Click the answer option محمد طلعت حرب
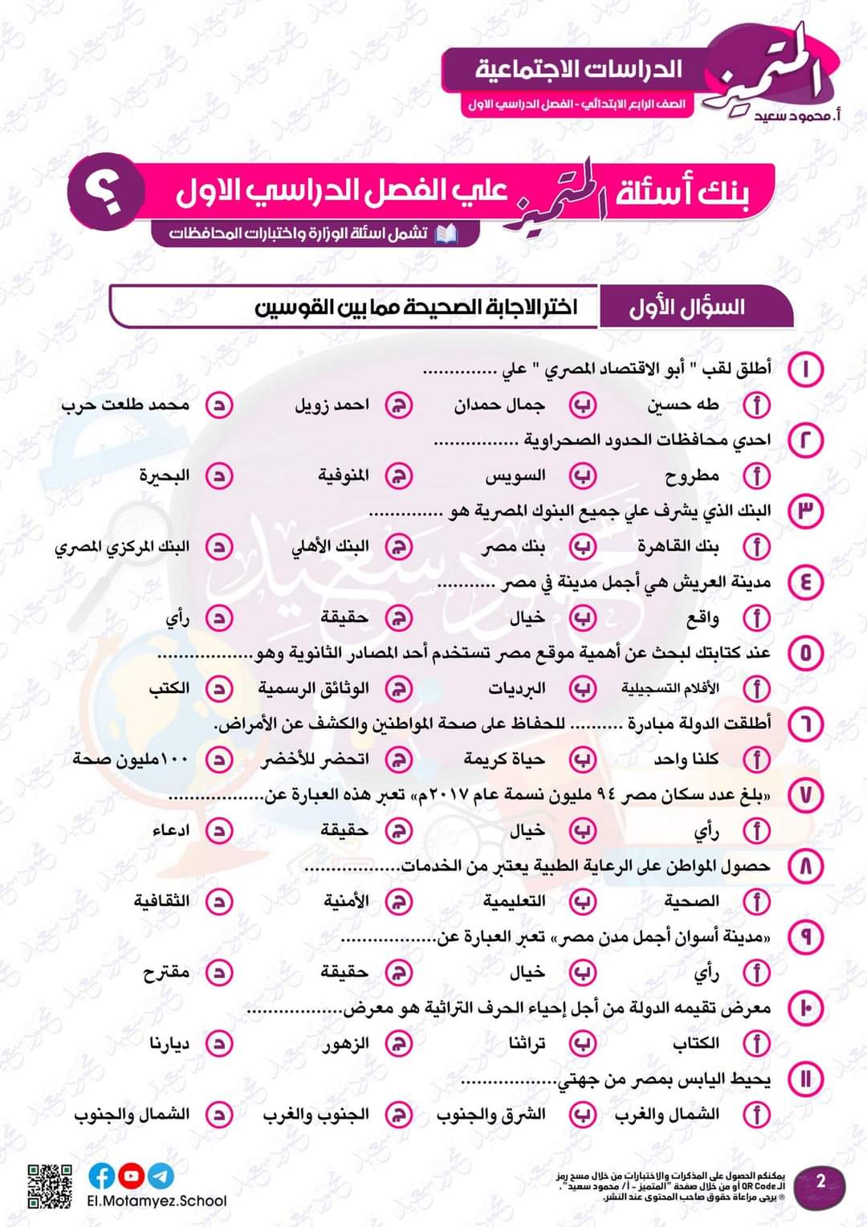[x=125, y=405]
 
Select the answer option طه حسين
[x=683, y=405]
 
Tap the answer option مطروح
[x=692, y=476]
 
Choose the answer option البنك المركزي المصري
[x=122, y=547]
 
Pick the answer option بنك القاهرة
[x=678, y=547]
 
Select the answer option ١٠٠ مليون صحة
[x=131, y=759]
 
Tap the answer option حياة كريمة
[x=504, y=759]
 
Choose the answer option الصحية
[x=691, y=901]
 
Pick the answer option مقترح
[x=166, y=972]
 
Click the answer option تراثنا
[x=527, y=1043]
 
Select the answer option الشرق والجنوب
[x=490, y=1115]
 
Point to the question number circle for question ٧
[x=805, y=794]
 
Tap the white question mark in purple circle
[x=107, y=193]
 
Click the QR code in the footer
[x=50, y=1186]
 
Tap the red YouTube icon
[x=132, y=1176]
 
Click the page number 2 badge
[x=820, y=1181]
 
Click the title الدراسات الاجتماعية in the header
[x=578, y=69]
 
